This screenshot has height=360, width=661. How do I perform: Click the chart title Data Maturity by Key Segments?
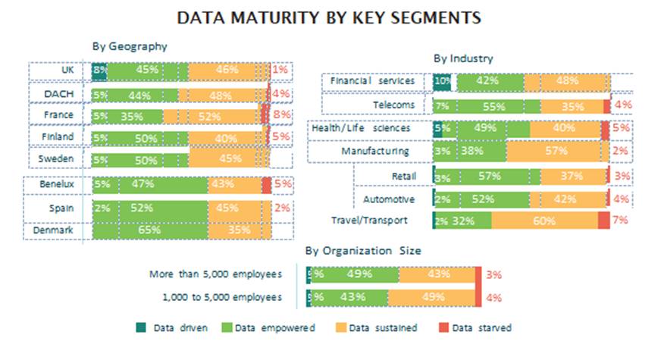click(330, 16)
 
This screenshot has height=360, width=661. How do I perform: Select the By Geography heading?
click(130, 46)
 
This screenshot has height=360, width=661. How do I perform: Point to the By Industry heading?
click(463, 58)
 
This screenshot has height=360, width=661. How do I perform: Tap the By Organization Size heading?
click(363, 250)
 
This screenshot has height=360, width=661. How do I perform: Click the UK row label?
click(67, 70)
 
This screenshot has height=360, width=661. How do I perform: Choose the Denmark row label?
click(57, 229)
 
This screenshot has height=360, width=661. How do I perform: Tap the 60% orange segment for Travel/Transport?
click(544, 221)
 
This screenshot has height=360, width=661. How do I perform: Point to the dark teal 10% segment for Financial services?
click(442, 81)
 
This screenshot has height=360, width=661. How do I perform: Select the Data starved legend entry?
click(475, 327)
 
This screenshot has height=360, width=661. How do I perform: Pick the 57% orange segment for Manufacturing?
click(556, 151)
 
